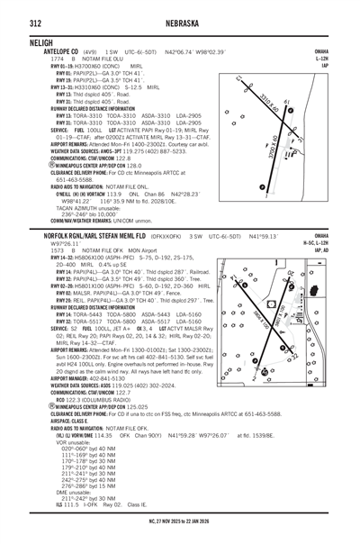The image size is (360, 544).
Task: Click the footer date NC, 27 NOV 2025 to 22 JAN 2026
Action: [x=180, y=520]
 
